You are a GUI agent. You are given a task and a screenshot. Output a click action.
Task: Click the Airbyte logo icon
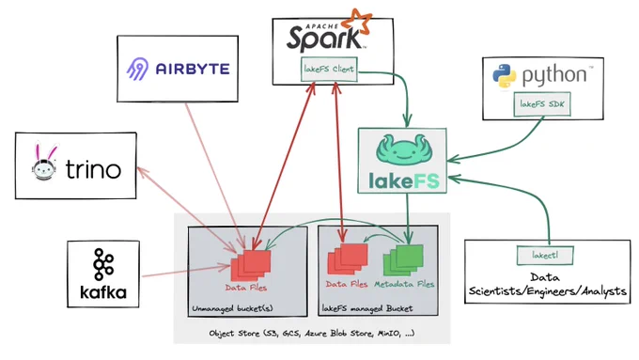[137, 69]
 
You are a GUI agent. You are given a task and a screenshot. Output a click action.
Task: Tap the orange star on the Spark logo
[356, 22]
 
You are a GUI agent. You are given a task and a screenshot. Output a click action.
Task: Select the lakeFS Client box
[329, 69]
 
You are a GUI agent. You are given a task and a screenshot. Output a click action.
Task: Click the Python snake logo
[505, 76]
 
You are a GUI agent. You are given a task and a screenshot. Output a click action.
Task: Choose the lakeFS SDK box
[542, 104]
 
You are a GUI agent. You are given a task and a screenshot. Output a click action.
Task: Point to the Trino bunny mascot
[43, 162]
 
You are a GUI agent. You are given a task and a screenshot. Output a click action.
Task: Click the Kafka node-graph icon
[103, 265]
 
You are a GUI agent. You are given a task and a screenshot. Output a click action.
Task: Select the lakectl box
[545, 256]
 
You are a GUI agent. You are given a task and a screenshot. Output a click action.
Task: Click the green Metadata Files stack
[403, 260]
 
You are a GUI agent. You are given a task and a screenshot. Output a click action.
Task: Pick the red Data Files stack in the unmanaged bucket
[251, 265]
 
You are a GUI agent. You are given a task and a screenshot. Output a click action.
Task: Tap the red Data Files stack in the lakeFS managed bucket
[348, 258]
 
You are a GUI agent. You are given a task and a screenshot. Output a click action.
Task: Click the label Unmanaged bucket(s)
[232, 308]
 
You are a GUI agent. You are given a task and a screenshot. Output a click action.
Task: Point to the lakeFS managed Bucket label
[367, 308]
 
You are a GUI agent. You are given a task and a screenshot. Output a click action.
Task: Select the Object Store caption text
[312, 333]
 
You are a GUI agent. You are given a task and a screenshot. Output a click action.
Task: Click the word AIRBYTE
[193, 69]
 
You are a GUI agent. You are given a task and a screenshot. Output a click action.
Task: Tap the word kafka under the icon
[103, 292]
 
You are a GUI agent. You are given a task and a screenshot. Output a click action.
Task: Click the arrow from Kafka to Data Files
[186, 272]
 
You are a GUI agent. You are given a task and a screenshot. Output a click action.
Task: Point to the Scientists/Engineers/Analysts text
[547, 291]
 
